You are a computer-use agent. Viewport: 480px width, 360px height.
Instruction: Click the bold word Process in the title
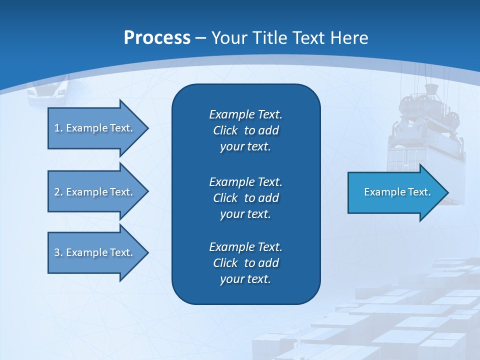pos(157,37)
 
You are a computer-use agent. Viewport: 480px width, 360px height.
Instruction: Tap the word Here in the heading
pos(348,37)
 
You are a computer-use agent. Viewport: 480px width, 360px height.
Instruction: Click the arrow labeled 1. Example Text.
pos(95,128)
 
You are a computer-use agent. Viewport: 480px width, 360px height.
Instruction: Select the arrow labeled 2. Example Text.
pos(95,192)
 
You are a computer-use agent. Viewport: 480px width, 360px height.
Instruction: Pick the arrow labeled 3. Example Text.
pos(95,252)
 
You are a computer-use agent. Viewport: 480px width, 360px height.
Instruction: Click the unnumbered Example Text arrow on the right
pos(395,192)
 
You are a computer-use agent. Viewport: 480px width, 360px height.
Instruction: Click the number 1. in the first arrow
pos(58,128)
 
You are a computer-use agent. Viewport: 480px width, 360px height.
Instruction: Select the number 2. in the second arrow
pos(58,192)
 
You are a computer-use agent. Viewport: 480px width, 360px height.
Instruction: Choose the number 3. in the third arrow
pos(58,252)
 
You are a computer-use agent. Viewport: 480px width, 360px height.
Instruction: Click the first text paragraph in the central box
pos(245,130)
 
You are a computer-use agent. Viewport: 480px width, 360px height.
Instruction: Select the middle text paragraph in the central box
pos(245,197)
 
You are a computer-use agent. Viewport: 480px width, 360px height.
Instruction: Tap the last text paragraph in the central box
pos(245,263)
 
